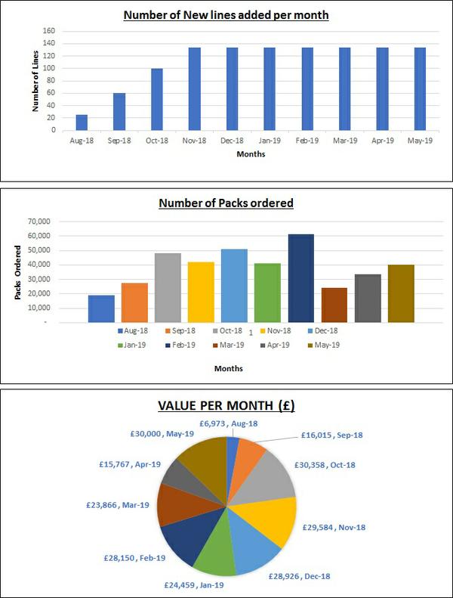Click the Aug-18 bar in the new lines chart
(x=82, y=122)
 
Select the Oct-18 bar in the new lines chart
(x=157, y=99)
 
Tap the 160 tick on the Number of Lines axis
(x=48, y=31)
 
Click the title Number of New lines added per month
(x=226, y=14)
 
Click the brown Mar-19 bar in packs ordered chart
(x=334, y=305)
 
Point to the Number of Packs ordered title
(x=226, y=203)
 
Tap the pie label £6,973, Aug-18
(x=228, y=424)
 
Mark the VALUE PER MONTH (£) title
(x=226, y=405)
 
